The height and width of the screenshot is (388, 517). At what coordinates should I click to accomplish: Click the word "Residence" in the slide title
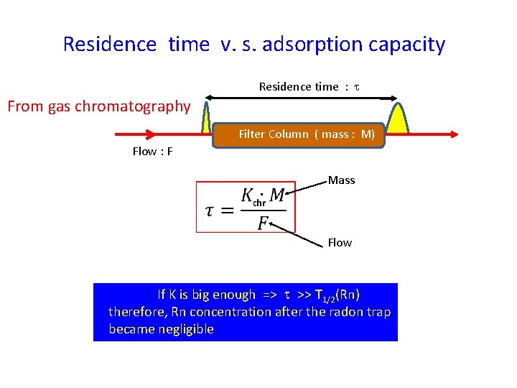pos(109,45)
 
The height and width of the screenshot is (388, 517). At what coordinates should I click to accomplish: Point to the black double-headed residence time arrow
pos(302,98)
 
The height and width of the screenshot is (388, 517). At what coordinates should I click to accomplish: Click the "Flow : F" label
pos(152,151)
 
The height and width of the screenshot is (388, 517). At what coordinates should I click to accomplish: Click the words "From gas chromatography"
pos(99,107)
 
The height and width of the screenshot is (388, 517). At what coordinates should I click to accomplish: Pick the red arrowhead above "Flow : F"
pos(149,134)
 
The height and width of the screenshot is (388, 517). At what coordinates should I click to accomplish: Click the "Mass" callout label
pos(342,180)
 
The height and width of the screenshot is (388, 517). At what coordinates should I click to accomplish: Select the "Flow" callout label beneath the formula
pos(340,243)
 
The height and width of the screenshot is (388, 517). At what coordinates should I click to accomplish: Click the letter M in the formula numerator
pos(277,195)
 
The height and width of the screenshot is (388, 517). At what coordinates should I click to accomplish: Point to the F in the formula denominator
pos(264,223)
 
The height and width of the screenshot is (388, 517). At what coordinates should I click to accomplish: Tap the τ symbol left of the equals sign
pos(210,211)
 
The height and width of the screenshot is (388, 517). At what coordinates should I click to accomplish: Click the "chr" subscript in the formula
pos(259,203)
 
